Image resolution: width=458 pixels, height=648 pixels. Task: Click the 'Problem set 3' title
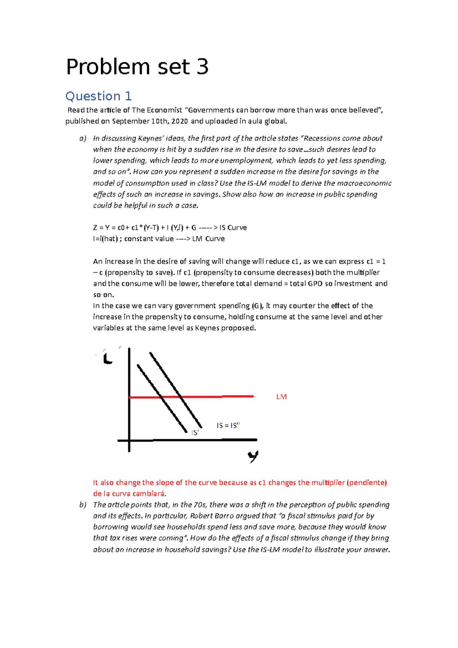pyautogui.click(x=137, y=67)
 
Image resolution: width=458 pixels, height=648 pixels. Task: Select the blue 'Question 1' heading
pyautogui.click(x=98, y=96)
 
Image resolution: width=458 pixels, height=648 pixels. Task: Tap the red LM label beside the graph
pyautogui.click(x=281, y=397)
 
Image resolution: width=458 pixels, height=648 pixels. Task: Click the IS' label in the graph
pyautogui.click(x=195, y=433)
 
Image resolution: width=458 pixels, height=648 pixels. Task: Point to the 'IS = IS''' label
pyautogui.click(x=228, y=426)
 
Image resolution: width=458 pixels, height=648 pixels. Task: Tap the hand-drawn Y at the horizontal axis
pyautogui.click(x=253, y=456)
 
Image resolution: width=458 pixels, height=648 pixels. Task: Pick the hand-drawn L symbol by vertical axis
pyautogui.click(x=108, y=359)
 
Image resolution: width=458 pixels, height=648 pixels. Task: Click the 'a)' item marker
pyautogui.click(x=83, y=139)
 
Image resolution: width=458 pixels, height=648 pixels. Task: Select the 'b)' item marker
pyautogui.click(x=83, y=505)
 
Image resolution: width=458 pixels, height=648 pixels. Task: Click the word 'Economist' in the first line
pyautogui.click(x=162, y=110)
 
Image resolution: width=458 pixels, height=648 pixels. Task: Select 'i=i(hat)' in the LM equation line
pyautogui.click(x=105, y=239)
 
